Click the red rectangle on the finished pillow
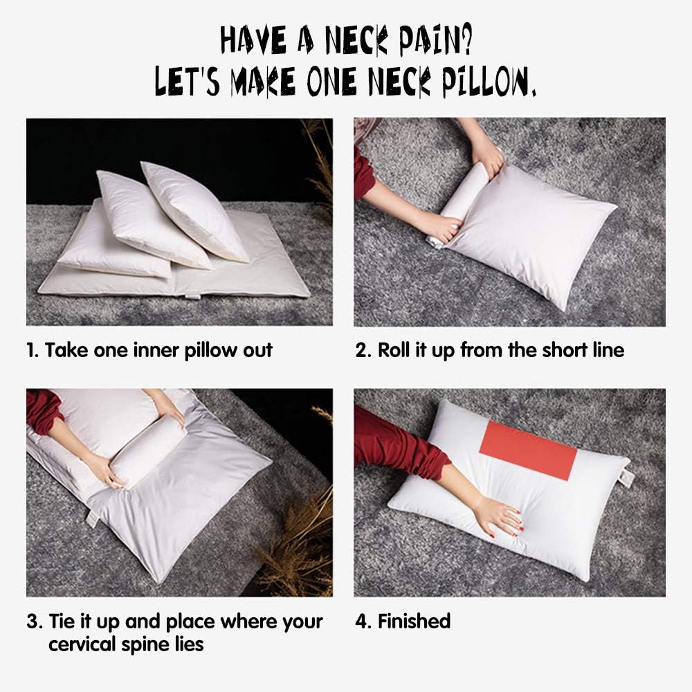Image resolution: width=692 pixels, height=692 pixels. click(527, 450)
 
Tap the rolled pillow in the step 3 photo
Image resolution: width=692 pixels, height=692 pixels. click(148, 451)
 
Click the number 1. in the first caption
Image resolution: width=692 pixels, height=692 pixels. click(33, 350)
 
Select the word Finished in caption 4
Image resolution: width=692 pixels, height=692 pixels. click(414, 621)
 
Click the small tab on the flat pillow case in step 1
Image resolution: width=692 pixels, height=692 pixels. click(192, 297)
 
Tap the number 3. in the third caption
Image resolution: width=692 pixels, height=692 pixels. click(35, 621)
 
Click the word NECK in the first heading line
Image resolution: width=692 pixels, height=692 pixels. click(346, 41)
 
